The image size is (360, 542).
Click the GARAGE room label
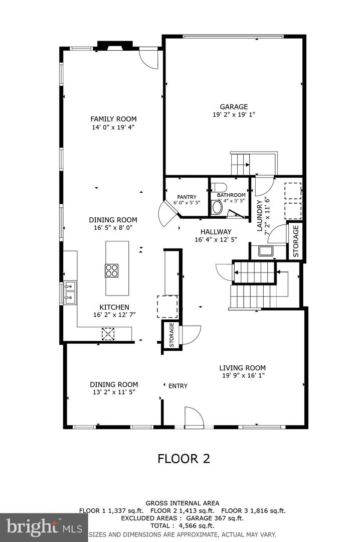[x=234, y=106]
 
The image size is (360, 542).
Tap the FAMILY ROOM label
[x=113, y=119]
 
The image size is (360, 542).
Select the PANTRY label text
[x=187, y=197]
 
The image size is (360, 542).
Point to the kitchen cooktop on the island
[x=111, y=270]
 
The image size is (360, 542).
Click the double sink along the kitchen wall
[x=70, y=293]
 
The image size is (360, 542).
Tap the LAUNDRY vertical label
[x=260, y=215]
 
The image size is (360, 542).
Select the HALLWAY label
[x=216, y=232]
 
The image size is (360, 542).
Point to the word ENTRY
[x=178, y=386]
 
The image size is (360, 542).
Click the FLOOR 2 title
[x=184, y=458]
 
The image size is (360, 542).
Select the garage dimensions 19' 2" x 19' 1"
[x=234, y=114]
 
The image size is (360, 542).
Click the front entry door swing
[x=194, y=417]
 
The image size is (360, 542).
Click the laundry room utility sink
[x=265, y=250]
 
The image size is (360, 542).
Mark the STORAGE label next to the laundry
[x=296, y=241]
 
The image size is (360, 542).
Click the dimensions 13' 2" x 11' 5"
[x=113, y=392]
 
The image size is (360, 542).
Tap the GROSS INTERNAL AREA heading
[x=182, y=503]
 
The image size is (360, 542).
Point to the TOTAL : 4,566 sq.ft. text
[x=182, y=525]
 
